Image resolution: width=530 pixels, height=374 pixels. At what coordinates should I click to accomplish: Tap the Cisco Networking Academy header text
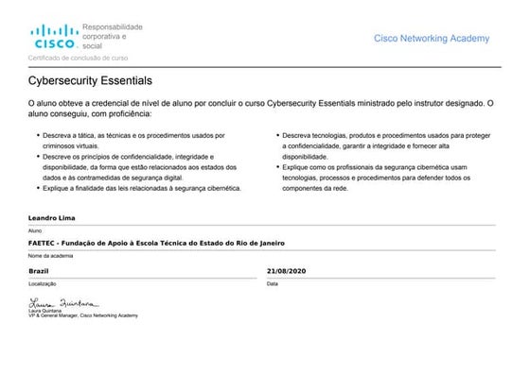tap(432, 39)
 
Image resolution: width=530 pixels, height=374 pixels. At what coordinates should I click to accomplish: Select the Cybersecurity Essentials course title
tap(90, 82)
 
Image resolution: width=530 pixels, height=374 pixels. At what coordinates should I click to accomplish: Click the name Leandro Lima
tap(53, 218)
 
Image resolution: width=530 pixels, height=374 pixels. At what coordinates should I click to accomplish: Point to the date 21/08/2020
tap(289, 271)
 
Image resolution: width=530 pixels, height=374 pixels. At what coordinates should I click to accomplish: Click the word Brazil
tap(40, 271)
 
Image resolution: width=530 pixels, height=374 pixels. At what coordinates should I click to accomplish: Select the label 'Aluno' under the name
tap(36, 229)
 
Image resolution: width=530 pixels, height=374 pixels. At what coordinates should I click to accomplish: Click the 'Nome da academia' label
tap(51, 256)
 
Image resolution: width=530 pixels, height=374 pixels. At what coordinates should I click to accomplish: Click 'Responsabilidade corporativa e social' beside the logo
tap(112, 36)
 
